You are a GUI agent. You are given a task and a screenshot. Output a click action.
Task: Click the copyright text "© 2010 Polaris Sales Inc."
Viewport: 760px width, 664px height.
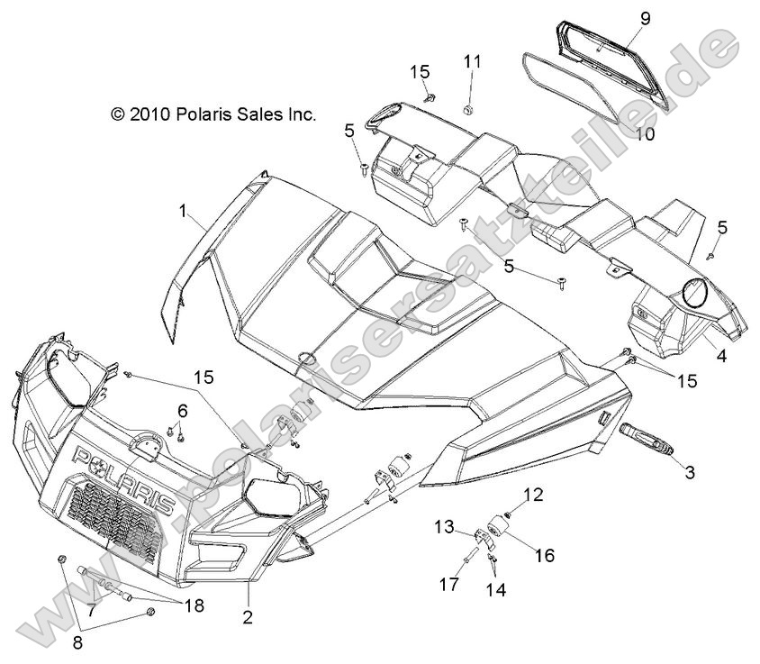click(x=213, y=114)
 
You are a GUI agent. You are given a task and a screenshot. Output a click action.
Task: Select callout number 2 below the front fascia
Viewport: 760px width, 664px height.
click(x=248, y=617)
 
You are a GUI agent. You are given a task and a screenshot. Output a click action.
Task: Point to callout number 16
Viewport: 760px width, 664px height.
click(x=546, y=555)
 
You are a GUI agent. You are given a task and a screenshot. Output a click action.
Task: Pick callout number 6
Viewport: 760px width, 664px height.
click(x=182, y=410)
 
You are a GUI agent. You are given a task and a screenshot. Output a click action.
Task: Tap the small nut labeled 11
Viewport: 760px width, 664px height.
click(x=468, y=109)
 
